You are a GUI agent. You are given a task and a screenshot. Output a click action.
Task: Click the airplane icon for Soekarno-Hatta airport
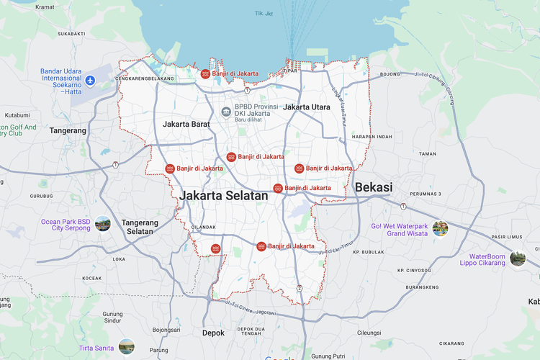(90, 81)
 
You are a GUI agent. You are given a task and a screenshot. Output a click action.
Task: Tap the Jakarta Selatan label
(224, 195)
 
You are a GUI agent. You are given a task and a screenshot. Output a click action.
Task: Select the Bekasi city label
(373, 187)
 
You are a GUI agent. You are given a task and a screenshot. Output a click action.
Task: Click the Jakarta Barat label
(186, 124)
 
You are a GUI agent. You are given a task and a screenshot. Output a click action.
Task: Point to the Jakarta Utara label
(307, 107)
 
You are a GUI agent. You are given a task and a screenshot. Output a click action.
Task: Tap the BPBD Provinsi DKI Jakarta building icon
(226, 112)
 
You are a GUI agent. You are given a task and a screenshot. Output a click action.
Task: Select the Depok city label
(212, 333)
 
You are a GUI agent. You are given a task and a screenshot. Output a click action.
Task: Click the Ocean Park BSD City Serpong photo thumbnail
(103, 223)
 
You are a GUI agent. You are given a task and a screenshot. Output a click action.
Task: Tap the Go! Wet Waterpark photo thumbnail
(440, 229)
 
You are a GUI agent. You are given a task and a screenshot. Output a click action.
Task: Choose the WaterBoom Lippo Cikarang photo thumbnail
(517, 258)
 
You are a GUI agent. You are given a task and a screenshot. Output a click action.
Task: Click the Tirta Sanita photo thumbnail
(127, 346)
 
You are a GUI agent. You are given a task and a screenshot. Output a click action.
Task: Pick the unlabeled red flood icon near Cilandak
(215, 249)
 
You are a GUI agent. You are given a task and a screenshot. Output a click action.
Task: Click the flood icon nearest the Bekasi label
(277, 188)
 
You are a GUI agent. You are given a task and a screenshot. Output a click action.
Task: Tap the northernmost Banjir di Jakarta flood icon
(205, 73)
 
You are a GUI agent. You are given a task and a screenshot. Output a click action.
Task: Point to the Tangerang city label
(68, 130)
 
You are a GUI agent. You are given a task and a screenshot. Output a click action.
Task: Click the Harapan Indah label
(372, 137)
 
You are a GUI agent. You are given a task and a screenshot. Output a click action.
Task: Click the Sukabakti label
(72, 33)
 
